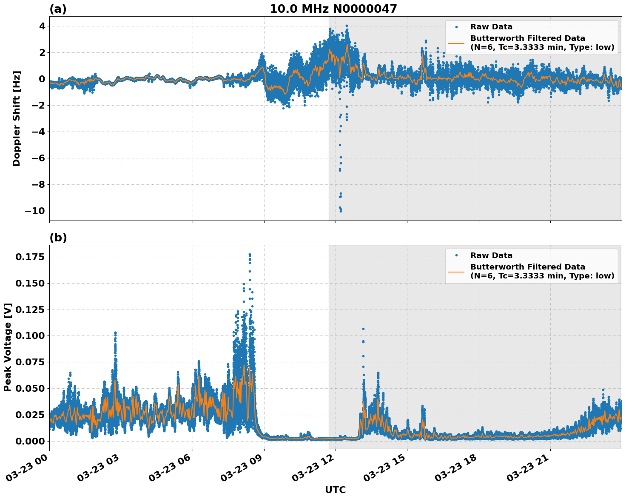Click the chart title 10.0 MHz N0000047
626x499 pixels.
point(333,9)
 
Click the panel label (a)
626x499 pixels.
point(58,9)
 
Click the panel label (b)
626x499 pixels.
point(58,238)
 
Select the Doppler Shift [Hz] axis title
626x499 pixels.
point(17,118)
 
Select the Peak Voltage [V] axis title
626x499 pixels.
point(8,347)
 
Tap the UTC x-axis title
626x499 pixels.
point(335,490)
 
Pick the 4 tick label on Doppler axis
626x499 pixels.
point(42,26)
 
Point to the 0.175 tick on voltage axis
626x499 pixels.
point(29,257)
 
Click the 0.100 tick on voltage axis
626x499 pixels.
point(29,336)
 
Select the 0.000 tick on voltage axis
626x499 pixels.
point(29,441)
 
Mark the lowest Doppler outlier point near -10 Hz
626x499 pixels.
point(340,211)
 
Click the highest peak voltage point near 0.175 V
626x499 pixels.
point(250,255)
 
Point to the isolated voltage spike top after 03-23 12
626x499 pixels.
point(363,329)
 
